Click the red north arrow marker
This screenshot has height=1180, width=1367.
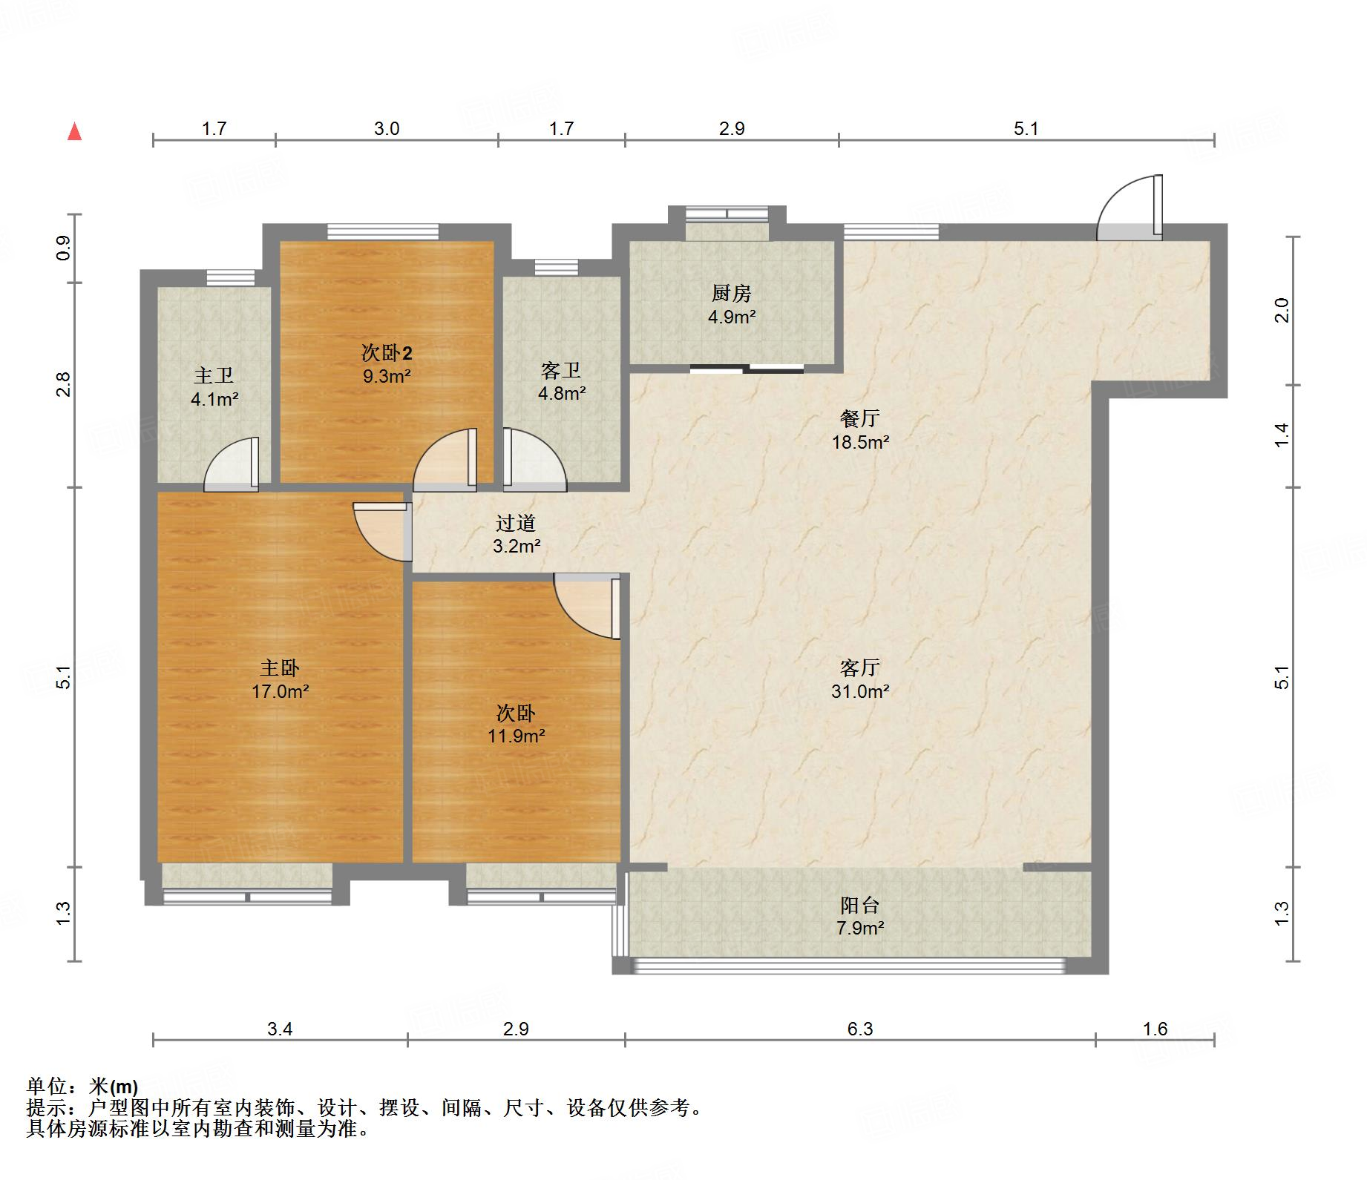click(74, 132)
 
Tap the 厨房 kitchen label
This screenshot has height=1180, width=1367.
click(732, 294)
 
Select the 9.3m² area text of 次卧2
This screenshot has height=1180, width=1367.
click(387, 376)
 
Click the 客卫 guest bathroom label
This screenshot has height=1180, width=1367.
click(561, 370)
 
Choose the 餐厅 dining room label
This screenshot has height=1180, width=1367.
click(860, 419)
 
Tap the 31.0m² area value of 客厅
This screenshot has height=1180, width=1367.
click(860, 691)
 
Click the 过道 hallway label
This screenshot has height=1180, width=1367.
click(516, 524)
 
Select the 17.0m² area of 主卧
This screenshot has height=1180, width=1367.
click(280, 691)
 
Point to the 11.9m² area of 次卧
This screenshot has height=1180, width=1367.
click(516, 736)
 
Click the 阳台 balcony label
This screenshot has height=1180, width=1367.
click(860, 905)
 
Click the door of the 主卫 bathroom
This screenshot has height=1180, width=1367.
click(232, 464)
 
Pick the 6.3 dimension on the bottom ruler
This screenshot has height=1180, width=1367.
click(860, 1029)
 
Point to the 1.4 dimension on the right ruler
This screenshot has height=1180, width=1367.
click(1282, 435)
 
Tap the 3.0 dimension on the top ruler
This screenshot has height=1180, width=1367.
click(387, 128)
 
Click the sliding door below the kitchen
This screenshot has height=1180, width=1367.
click(747, 369)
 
